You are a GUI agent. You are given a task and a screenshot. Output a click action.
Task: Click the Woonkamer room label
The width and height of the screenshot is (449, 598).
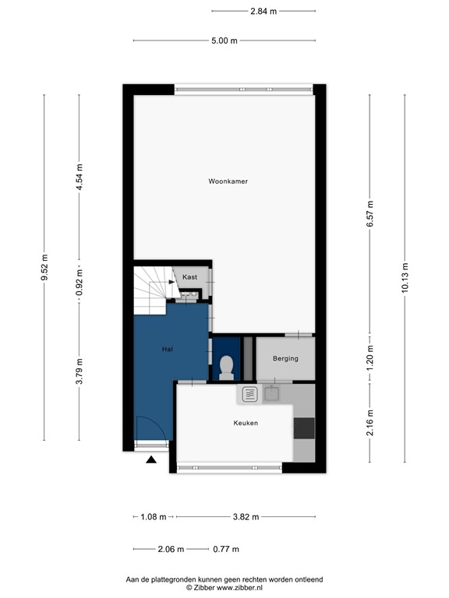(228, 181)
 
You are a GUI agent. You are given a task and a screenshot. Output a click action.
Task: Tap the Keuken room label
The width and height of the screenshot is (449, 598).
(246, 423)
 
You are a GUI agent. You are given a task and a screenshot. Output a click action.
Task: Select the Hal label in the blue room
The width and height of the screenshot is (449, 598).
(167, 350)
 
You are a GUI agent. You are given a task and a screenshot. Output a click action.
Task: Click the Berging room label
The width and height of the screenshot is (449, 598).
(285, 358)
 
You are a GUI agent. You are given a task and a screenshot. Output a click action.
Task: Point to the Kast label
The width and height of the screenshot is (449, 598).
(189, 277)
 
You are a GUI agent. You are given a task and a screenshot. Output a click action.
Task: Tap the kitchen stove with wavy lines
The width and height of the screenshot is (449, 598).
(249, 394)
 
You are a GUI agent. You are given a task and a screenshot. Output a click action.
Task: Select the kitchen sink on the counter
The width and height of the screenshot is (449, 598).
(272, 394)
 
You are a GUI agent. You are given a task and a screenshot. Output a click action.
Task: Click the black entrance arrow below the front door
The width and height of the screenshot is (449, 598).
(151, 460)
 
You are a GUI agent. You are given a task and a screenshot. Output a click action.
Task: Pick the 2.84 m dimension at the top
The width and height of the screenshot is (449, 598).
(263, 11)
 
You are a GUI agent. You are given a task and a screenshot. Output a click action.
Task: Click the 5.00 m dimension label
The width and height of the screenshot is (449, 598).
(224, 40)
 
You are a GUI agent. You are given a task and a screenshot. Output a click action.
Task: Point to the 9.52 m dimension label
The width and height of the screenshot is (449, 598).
(44, 266)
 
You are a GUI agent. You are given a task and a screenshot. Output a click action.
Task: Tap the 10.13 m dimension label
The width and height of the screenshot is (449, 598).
(405, 276)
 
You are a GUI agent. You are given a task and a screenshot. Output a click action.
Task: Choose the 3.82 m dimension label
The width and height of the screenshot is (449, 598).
(245, 516)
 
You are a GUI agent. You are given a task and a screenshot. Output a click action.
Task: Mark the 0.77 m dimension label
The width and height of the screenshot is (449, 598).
(225, 549)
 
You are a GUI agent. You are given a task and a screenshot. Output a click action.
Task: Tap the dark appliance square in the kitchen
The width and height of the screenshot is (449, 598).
(303, 427)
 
